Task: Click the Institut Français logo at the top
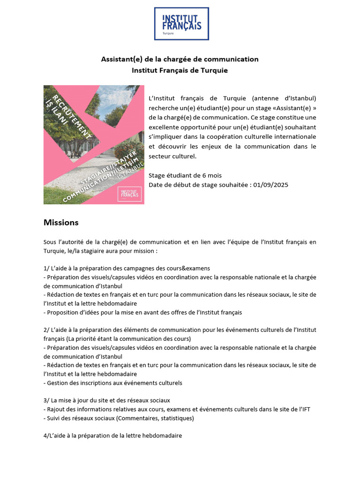[181, 23]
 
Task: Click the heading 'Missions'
[61, 222]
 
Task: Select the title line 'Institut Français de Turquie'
[180, 70]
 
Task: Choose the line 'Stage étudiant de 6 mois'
[185, 175]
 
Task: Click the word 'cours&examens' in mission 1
[187, 269]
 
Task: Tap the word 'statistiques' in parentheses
[174, 418]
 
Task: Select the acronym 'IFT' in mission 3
[305, 409]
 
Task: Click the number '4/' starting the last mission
[46, 435]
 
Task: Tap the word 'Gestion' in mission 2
[59, 382]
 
